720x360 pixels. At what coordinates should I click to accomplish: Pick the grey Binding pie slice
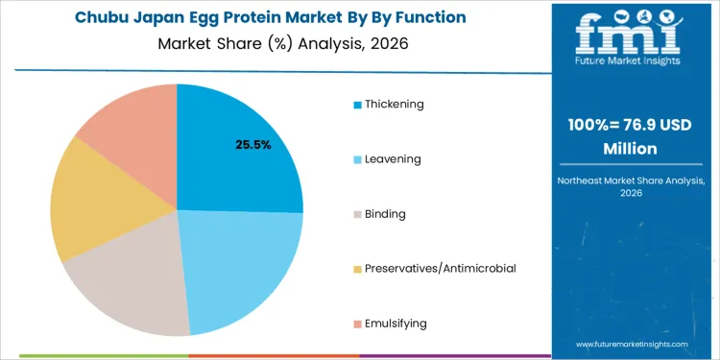(x=130, y=283)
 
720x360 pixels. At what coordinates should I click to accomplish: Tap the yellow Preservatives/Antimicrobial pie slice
(x=91, y=206)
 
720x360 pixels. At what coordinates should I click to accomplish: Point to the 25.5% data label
(x=253, y=145)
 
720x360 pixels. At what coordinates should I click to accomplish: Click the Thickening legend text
(x=394, y=104)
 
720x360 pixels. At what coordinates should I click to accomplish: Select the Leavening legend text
(x=394, y=158)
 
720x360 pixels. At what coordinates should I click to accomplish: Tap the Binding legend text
(x=387, y=213)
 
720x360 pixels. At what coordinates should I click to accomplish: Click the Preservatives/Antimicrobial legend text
(x=441, y=268)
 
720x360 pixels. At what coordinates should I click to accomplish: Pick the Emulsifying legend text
(x=396, y=324)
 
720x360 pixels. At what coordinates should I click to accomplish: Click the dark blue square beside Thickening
(x=358, y=105)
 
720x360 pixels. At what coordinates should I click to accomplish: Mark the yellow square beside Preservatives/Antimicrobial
(x=358, y=269)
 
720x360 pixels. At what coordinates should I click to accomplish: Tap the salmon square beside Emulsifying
(x=358, y=324)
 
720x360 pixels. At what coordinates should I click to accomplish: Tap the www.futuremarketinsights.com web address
(x=633, y=344)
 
